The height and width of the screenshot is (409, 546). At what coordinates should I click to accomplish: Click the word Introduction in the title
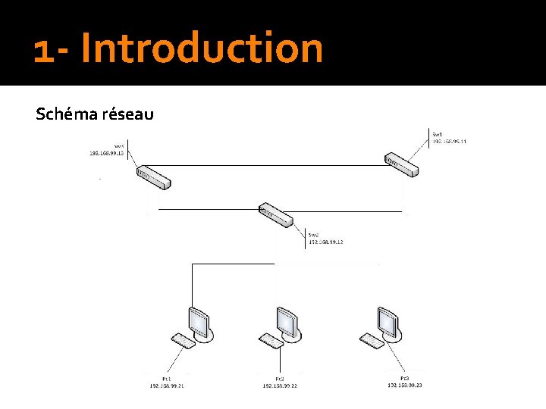pyautogui.click(x=202, y=48)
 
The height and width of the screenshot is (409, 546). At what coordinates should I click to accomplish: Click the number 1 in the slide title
pyautogui.click(x=43, y=50)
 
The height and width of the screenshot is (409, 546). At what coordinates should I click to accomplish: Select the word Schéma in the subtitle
pyautogui.click(x=67, y=114)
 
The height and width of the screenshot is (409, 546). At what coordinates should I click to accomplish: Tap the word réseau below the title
pyautogui.click(x=129, y=114)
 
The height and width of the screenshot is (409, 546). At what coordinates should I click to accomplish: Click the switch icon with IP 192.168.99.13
pyautogui.click(x=154, y=177)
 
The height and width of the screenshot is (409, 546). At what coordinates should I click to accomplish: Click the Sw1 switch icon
pyautogui.click(x=400, y=164)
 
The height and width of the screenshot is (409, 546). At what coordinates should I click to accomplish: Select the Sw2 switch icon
pyautogui.click(x=275, y=214)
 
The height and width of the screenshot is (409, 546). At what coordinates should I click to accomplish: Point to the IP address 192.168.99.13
pyautogui.click(x=106, y=153)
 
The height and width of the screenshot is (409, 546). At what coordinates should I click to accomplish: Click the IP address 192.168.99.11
pyautogui.click(x=450, y=141)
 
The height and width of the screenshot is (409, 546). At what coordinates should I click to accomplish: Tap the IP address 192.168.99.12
pyautogui.click(x=325, y=242)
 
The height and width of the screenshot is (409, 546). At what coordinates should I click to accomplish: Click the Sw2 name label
pyautogui.click(x=313, y=235)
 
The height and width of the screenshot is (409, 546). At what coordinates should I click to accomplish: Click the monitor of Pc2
pyautogui.click(x=288, y=321)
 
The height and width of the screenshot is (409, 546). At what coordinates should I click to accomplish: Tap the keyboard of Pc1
pyautogui.click(x=183, y=341)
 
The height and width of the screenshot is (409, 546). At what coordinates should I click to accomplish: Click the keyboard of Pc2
pyautogui.click(x=271, y=341)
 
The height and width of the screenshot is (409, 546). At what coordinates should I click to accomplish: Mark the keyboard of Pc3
pyautogui.click(x=372, y=341)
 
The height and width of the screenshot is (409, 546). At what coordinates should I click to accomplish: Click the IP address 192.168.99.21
pyautogui.click(x=167, y=386)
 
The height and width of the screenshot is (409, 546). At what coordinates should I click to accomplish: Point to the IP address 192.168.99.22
pyautogui.click(x=280, y=386)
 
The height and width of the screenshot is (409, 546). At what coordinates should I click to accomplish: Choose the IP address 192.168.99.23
pyautogui.click(x=404, y=385)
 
